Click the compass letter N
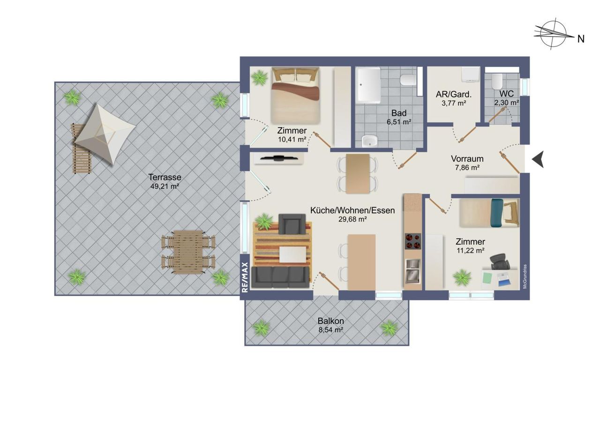581,39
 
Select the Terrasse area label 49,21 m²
165,186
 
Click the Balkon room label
331,320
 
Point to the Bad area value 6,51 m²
399,122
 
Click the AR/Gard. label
454,94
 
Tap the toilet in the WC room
497,82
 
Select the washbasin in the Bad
370,141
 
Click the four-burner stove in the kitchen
412,241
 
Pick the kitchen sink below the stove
413,271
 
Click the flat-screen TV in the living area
279,158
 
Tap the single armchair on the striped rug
292,224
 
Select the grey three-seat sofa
280,277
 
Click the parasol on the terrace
105,134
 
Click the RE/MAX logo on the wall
245,277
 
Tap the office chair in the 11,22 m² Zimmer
500,262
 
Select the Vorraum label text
467,159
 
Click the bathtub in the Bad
369,85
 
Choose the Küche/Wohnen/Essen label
352,210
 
